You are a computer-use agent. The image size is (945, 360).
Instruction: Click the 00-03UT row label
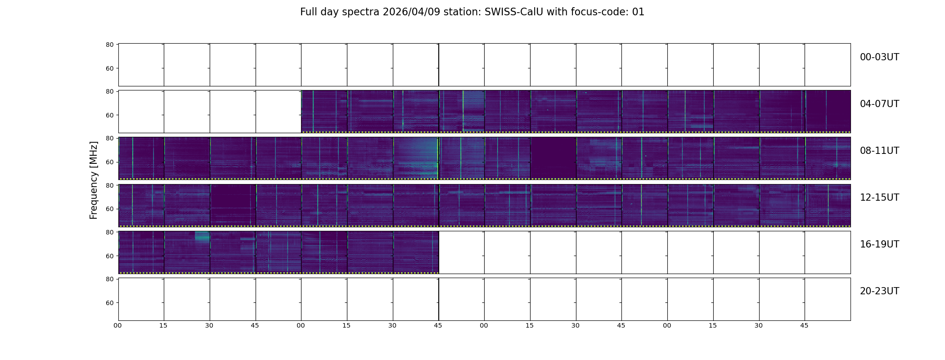point(879,57)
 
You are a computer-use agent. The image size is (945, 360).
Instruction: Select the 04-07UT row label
point(879,104)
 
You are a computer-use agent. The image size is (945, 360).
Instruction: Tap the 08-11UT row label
point(879,151)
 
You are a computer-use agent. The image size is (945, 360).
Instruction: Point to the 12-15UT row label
point(879,198)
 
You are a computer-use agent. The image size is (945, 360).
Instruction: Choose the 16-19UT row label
point(879,244)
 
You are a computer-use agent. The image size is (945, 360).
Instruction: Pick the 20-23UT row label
point(879,291)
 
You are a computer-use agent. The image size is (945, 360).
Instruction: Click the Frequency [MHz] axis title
point(94,180)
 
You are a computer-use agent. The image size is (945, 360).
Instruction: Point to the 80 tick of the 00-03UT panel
point(109,45)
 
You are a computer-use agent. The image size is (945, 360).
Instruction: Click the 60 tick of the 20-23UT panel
point(109,303)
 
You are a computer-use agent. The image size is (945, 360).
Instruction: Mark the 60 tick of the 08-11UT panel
point(109,162)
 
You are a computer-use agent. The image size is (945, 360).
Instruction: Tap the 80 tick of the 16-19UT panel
point(109,232)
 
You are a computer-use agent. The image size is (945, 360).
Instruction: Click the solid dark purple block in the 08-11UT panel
point(553,157)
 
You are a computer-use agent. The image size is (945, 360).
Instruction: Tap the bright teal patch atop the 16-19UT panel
point(202,236)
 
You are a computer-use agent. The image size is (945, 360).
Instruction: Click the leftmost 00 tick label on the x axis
point(117,325)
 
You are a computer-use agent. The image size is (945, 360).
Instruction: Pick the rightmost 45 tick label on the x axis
point(804,325)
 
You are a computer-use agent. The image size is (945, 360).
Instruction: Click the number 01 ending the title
point(639,12)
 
